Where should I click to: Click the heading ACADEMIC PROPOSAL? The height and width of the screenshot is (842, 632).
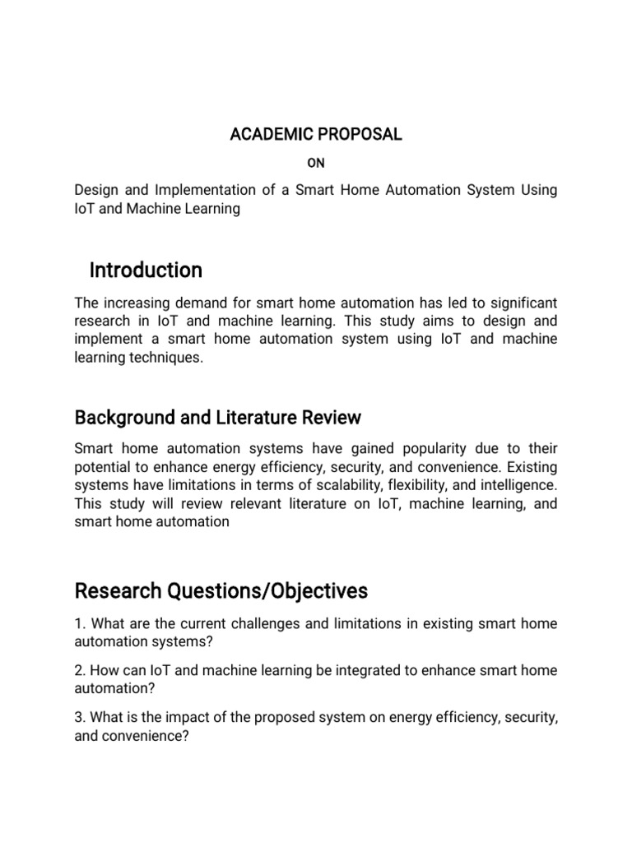[316, 135]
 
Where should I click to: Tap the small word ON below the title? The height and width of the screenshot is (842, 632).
[316, 164]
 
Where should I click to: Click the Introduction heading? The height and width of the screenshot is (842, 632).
[146, 271]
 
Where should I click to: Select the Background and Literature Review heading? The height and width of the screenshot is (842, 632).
[217, 418]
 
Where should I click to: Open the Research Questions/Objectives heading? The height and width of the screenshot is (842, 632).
[221, 591]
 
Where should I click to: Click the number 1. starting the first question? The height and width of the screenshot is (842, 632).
[80, 624]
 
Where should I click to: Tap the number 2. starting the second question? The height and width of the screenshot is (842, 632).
[80, 670]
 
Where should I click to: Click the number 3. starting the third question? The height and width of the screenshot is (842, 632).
[80, 717]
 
